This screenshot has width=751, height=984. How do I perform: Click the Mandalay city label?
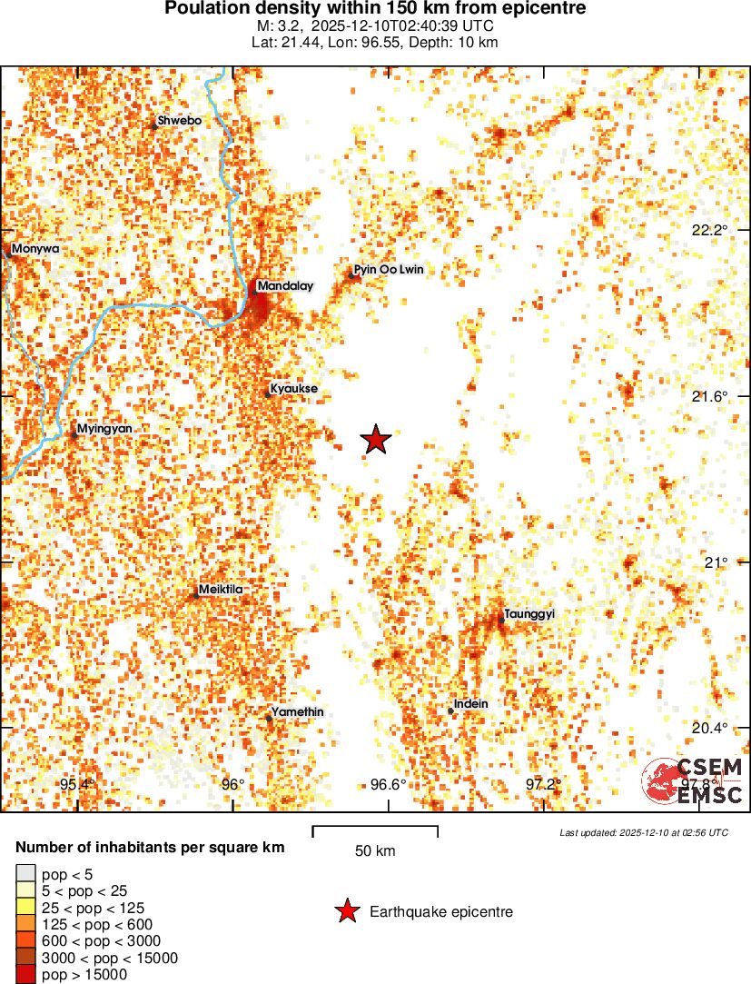284,286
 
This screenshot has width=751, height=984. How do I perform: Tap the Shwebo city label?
179,120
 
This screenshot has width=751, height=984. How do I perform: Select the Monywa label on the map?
35,248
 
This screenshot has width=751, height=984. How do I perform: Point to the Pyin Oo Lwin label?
389,270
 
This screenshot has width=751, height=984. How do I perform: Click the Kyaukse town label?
293,389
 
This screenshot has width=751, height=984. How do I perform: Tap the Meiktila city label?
221,590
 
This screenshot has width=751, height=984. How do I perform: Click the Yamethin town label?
297,712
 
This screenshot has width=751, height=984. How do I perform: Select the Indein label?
470,704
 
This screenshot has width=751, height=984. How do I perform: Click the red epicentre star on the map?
376,440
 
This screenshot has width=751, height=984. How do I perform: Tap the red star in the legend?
346,911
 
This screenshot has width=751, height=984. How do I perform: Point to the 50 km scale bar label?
375,851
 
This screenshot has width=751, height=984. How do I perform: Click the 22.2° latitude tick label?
709,230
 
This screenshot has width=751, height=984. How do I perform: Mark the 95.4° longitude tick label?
77,785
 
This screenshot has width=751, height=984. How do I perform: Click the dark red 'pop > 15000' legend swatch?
25,975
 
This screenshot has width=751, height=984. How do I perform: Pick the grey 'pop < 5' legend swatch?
25,874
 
